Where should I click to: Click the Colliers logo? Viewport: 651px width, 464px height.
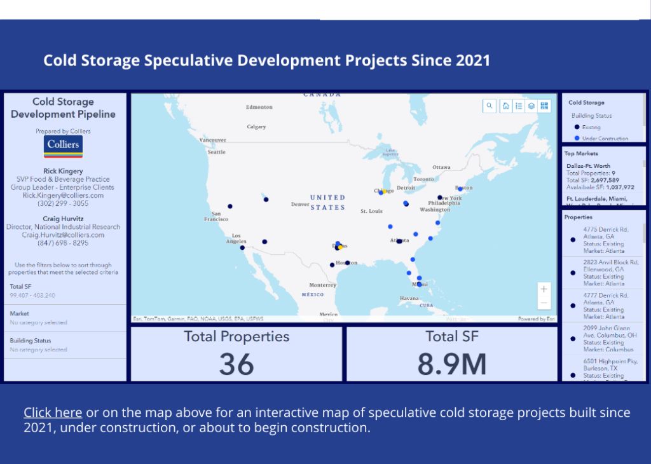pos(64,146)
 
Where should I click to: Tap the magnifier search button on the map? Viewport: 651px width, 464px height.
pos(489,106)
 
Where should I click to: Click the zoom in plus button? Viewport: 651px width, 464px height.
pos(544,289)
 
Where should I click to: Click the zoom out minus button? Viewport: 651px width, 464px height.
pos(544,303)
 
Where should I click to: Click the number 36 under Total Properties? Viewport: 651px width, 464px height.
pos(236,364)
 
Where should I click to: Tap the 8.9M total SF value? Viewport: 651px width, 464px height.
pos(452,364)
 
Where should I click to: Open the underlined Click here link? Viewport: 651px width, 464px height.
pos(53,413)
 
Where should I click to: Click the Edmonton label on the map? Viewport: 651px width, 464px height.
pos(259,107)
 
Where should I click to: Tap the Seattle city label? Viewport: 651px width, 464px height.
pos(216,152)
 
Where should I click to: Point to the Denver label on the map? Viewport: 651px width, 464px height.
pos(299,205)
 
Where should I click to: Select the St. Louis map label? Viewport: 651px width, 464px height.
pos(372,211)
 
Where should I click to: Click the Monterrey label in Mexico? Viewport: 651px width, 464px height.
pos(323,285)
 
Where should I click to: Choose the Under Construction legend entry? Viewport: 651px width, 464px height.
pos(605,138)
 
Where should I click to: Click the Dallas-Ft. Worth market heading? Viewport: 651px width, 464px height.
pos(588,167)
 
